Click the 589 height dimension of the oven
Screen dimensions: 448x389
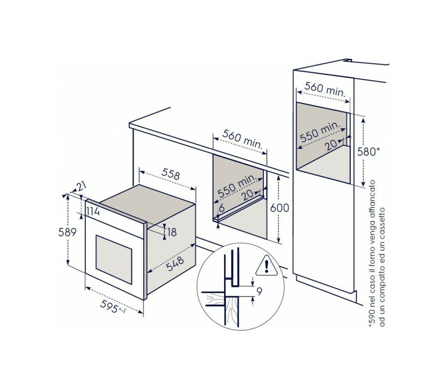pos(67,232)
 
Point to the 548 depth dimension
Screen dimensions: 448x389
pos(175,264)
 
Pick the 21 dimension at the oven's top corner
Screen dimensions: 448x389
pos(81,187)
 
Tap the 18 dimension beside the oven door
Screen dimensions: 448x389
pos(172,232)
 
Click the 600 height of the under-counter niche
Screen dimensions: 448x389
pos(280,208)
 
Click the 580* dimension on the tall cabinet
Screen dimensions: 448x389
pos(368,151)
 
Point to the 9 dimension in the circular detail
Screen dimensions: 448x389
pos(259,292)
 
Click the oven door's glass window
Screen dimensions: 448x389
pos(114,259)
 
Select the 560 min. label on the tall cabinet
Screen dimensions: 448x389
pos(325,89)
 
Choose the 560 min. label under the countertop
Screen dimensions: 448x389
pos(242,140)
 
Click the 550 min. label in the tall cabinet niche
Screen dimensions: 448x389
pos(321,132)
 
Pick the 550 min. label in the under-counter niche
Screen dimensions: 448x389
pos(237,186)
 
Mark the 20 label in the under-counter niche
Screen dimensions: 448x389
pos(247,195)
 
